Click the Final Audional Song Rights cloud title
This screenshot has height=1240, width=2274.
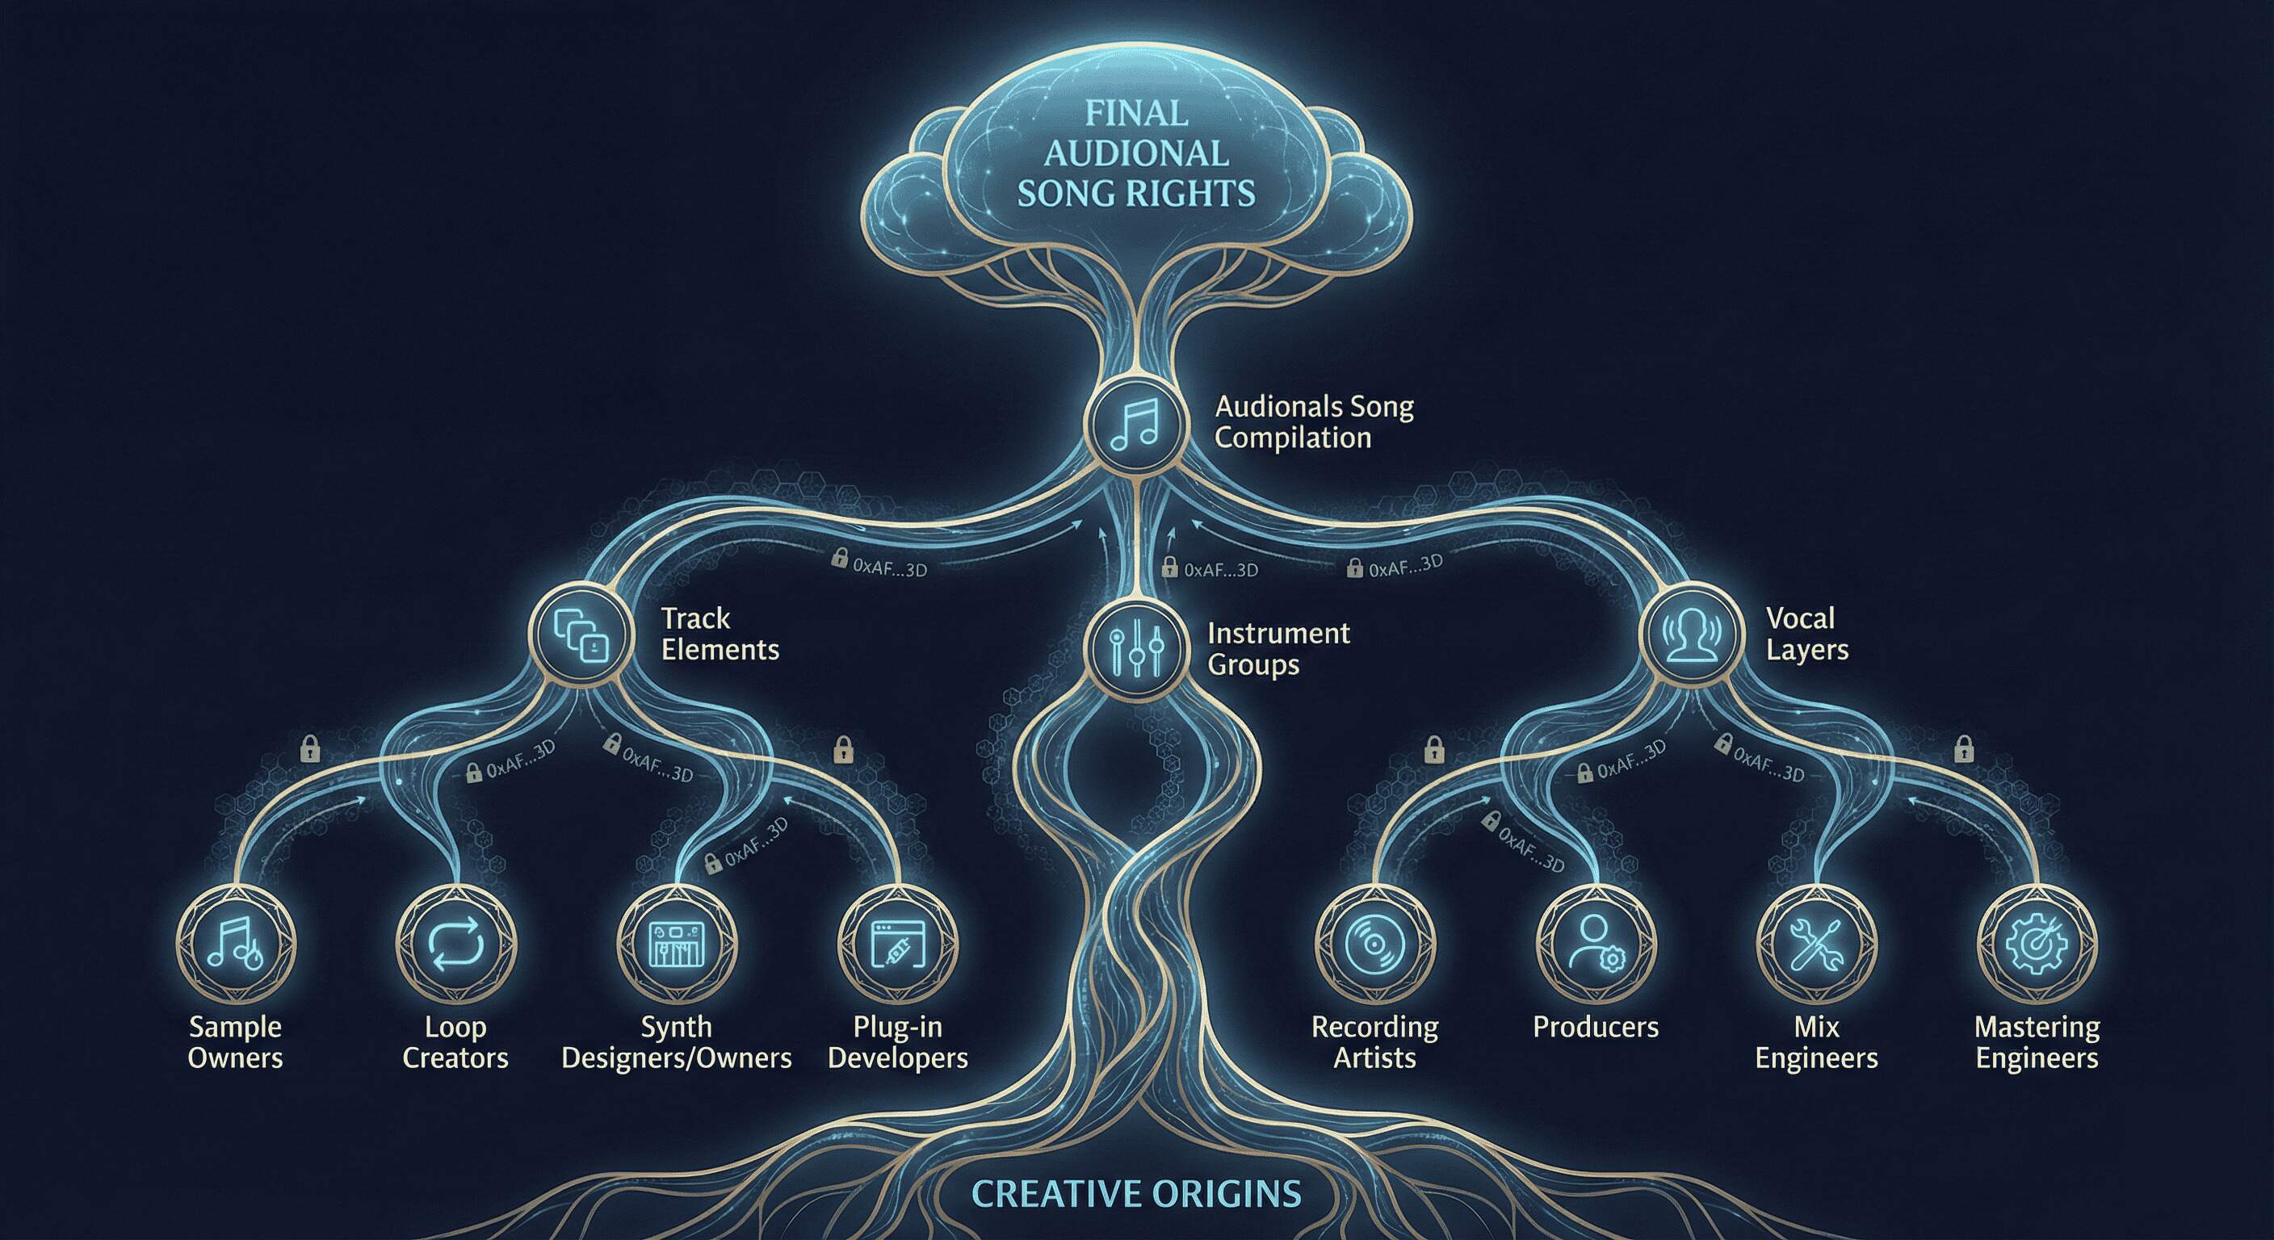tap(1136, 153)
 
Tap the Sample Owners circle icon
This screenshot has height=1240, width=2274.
tap(235, 945)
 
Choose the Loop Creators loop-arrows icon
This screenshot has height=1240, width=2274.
tap(455, 945)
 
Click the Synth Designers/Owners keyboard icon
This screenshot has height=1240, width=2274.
tap(676, 945)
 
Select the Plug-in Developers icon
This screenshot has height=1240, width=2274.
tap(897, 945)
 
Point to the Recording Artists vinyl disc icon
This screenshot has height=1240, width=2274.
tap(1374, 945)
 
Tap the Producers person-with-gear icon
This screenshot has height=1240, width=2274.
tap(1596, 945)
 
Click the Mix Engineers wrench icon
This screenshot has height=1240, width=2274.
tap(1817, 945)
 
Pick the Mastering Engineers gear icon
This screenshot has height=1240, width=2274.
tap(2037, 945)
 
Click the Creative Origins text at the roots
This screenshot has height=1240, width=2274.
tap(1136, 1194)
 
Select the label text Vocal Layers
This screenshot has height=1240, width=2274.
tap(1806, 634)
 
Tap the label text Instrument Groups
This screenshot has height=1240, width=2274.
tap(1278, 649)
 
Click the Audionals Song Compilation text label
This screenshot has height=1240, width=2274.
tap(1314, 422)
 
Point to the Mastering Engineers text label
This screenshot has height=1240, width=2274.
tap(2037, 1042)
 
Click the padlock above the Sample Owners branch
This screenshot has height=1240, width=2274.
tap(310, 749)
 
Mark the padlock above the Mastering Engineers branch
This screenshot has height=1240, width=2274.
tap(1964, 749)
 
